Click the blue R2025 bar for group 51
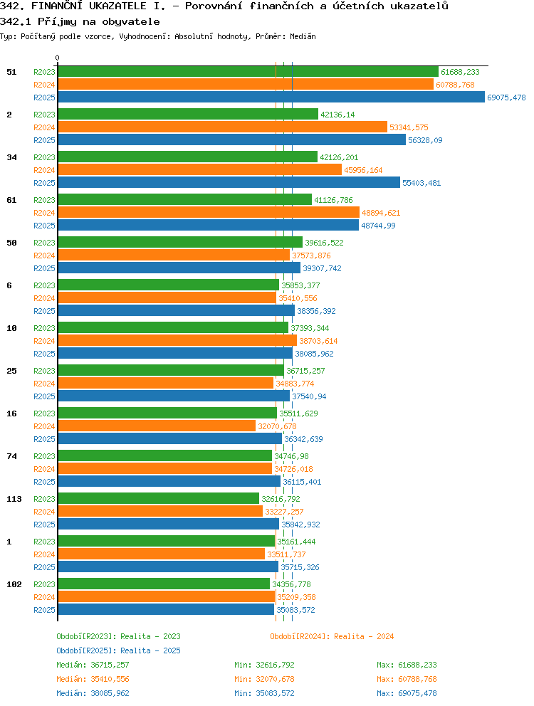pyautogui.click(x=271, y=98)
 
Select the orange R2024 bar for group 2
pyautogui.click(x=223, y=127)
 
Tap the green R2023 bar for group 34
pyautogui.click(x=188, y=157)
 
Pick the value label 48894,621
pyautogui.click(x=381, y=213)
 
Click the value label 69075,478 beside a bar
pyautogui.click(x=506, y=98)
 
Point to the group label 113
pyautogui.click(x=14, y=499)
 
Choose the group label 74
pyautogui.click(x=11, y=456)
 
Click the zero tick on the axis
pyautogui.click(x=57, y=58)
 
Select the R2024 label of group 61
pyautogui.click(x=44, y=213)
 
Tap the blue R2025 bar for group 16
pyautogui.click(x=170, y=438)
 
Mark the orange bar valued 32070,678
pyautogui.click(x=157, y=426)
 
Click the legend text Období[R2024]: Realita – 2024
pyautogui.click(x=332, y=636)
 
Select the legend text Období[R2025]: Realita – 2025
pyautogui.click(x=118, y=650)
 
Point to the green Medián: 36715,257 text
pyautogui.click(x=93, y=665)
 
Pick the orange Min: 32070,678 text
pyautogui.click(x=264, y=679)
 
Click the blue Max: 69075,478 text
pyautogui.click(x=407, y=693)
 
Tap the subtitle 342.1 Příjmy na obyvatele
pyautogui.click(x=80, y=21)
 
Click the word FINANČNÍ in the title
pyautogui.click(x=57, y=6)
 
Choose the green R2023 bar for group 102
pyautogui.click(x=164, y=584)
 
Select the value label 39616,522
pyautogui.click(x=324, y=243)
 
